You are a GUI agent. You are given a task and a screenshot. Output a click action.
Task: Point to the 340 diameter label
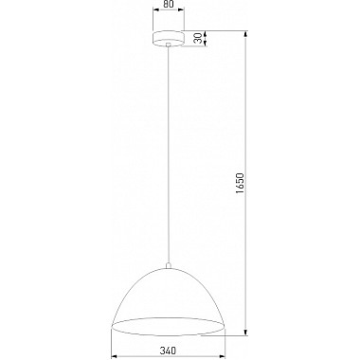(x=169, y=347)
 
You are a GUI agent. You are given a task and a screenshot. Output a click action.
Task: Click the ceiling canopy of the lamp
(x=169, y=39)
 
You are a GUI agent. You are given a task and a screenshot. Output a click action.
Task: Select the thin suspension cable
(x=169, y=152)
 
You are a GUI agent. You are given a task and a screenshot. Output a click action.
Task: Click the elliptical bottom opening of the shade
(x=169, y=327)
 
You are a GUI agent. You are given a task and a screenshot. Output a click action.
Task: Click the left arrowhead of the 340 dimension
(x=115, y=355)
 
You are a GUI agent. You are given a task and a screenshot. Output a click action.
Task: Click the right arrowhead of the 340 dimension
(x=224, y=355)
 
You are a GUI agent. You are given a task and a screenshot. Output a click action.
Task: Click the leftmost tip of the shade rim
(x=112, y=326)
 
